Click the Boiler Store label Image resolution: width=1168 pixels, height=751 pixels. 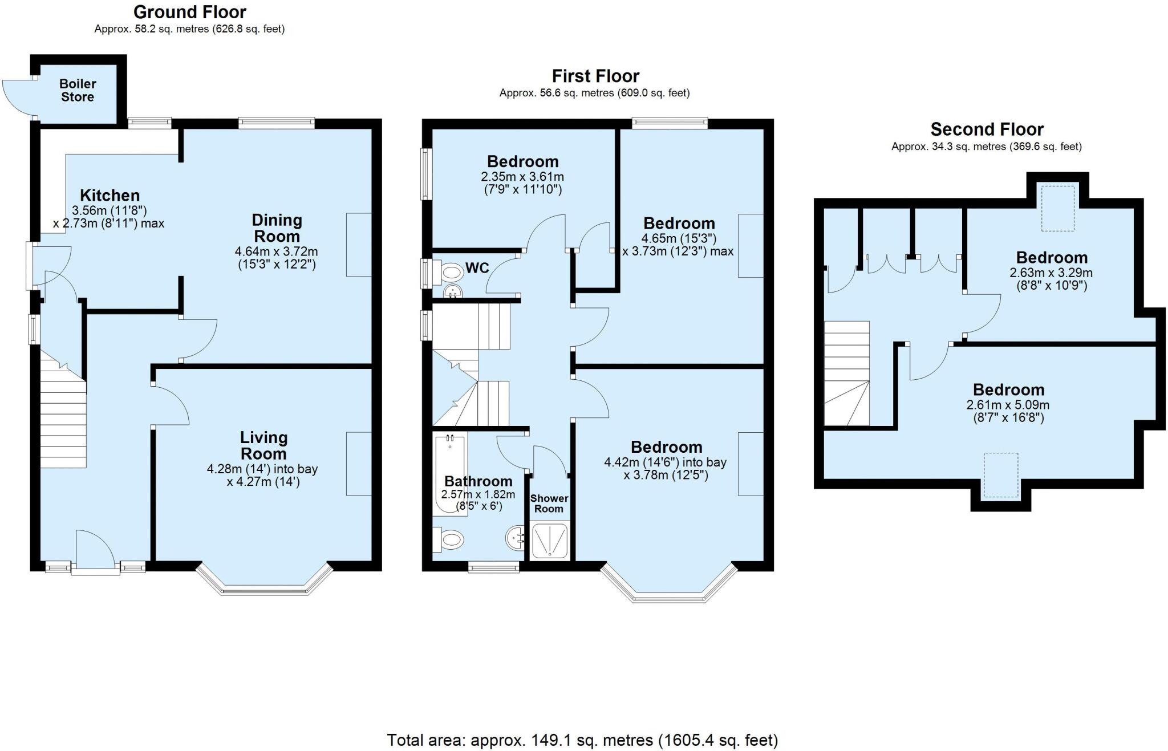point(78,90)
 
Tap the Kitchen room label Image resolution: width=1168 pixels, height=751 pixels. point(109,196)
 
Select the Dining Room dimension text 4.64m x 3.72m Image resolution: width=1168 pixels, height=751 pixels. point(276,251)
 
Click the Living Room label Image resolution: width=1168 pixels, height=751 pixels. point(263,445)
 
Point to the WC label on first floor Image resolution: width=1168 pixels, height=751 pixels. point(477,268)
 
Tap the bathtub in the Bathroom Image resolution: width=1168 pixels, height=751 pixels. point(449,473)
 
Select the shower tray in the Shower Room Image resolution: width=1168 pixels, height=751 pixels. point(550,540)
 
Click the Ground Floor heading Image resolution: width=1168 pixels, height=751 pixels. point(189,12)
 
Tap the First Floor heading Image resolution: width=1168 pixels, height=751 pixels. point(595,76)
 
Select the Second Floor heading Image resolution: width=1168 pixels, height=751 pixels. point(987,129)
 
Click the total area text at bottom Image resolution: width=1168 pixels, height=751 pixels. point(582,740)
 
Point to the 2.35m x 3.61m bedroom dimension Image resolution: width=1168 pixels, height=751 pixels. point(522,177)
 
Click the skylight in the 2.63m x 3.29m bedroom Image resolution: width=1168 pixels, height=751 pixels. point(1058,208)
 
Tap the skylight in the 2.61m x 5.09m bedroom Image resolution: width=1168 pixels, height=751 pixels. point(1000,474)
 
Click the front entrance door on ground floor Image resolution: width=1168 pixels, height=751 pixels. point(95,550)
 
